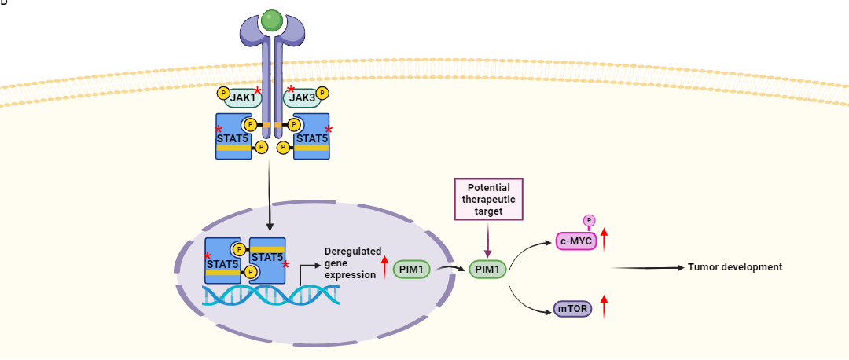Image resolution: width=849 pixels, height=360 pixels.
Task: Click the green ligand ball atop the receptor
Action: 271,20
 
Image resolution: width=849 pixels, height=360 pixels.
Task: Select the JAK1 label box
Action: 243,98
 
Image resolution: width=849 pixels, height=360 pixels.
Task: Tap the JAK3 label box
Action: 301,98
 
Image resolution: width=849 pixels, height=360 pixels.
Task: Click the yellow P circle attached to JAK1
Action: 223,94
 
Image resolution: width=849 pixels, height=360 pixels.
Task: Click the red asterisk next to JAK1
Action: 257,90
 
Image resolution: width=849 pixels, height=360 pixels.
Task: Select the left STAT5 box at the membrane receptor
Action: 233,137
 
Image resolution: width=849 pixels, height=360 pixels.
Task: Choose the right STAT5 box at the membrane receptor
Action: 311,137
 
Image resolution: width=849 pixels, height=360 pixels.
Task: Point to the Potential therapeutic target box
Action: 489,199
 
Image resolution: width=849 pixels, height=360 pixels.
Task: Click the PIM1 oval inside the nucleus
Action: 411,270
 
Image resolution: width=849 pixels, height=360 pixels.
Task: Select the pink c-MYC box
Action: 576,240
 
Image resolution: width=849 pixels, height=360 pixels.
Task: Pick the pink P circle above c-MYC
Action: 589,221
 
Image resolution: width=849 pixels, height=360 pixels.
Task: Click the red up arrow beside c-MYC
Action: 605,237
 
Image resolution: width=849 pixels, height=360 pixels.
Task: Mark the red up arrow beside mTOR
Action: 605,307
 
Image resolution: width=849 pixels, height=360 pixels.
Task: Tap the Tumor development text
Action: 735,267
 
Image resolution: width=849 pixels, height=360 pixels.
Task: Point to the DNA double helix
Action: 271,295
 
